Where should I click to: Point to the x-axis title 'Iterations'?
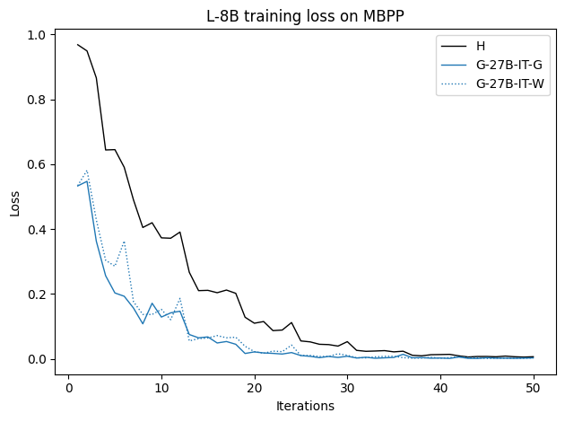point(306,406)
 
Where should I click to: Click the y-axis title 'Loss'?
point(14,202)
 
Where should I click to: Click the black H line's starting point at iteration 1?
point(78,45)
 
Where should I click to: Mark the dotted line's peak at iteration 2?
point(87,171)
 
